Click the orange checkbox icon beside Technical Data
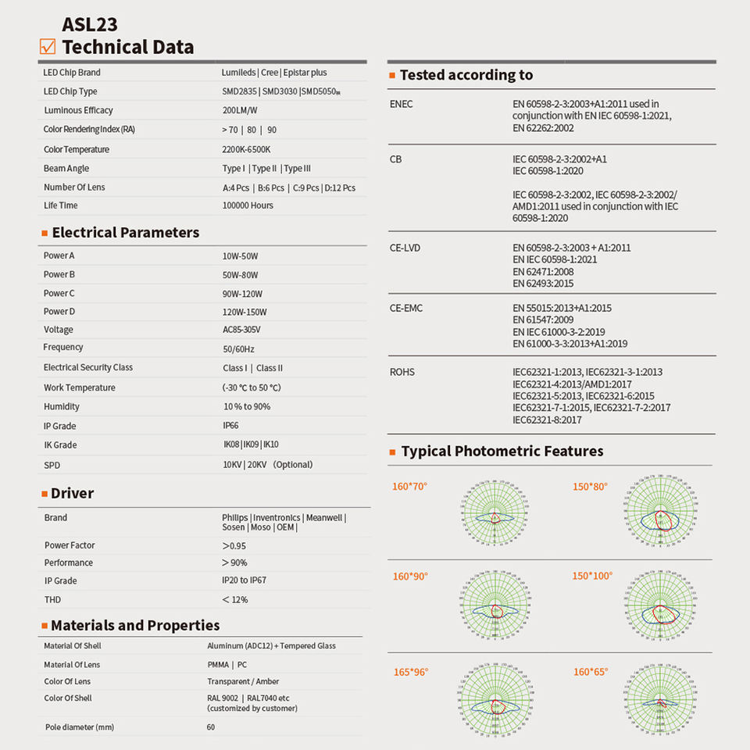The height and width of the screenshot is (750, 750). (x=48, y=47)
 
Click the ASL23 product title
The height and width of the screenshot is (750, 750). (x=90, y=24)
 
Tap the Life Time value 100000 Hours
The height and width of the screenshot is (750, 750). (x=248, y=205)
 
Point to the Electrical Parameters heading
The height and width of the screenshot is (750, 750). (x=125, y=232)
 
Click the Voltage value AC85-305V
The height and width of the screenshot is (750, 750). (x=241, y=330)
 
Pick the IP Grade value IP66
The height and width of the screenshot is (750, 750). (x=230, y=426)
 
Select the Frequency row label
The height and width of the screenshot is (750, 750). (x=63, y=347)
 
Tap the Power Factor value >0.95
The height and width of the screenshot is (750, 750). (x=234, y=545)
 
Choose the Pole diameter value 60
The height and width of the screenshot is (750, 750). (x=211, y=727)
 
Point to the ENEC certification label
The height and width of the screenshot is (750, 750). (x=401, y=104)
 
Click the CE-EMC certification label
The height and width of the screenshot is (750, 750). (x=405, y=308)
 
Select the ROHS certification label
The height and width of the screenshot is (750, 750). (x=402, y=372)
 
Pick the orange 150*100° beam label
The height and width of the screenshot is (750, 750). (x=593, y=576)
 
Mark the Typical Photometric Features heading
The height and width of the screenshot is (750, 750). (x=502, y=451)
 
